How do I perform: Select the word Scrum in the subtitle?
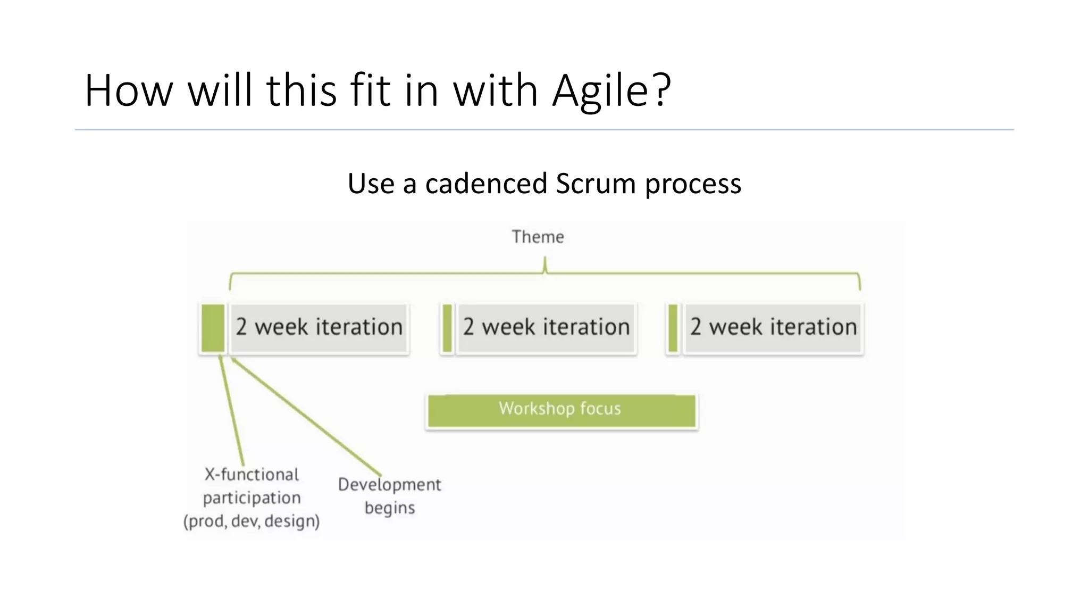click(596, 184)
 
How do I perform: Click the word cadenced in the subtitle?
click(486, 184)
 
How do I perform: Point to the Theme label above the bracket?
click(538, 237)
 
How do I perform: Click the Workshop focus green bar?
click(561, 410)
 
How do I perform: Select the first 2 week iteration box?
click(319, 328)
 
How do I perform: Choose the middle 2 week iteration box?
click(546, 328)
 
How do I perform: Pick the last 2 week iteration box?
click(773, 328)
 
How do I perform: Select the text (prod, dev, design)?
click(252, 521)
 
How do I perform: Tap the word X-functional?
click(252, 475)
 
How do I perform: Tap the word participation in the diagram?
click(252, 498)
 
